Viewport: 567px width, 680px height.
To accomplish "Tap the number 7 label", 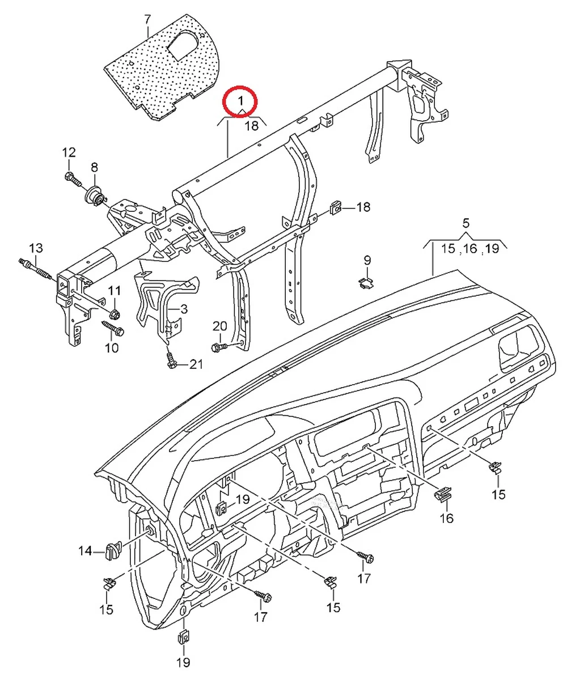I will click(x=148, y=19).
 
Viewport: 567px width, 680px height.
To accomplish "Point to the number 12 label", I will click(x=69, y=152).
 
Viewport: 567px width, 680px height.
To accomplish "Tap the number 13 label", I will click(x=36, y=248).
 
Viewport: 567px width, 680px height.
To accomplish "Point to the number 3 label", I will click(x=184, y=309).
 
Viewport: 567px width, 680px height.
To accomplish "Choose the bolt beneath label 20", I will click(x=219, y=346).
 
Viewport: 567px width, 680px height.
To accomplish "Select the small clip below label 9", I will click(x=367, y=282).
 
